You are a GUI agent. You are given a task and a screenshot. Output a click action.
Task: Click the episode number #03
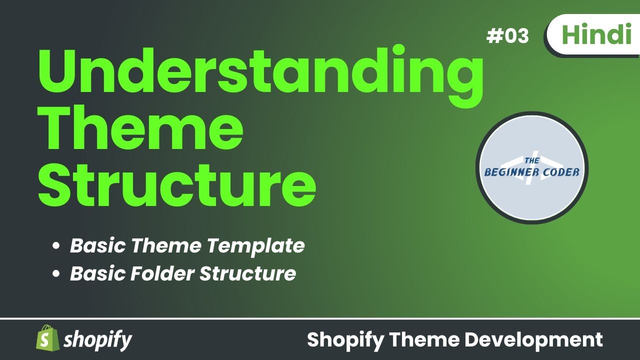pos(507,36)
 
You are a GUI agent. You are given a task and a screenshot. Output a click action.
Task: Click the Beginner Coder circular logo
pos(532,168)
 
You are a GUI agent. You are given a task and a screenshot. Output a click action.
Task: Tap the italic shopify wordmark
pos(98,340)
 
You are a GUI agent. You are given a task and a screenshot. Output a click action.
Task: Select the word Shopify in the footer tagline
pos(345,340)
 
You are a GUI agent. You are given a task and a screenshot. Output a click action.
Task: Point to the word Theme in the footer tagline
pos(425,340)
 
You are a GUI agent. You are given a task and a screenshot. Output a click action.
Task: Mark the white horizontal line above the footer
pos(320,318)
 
